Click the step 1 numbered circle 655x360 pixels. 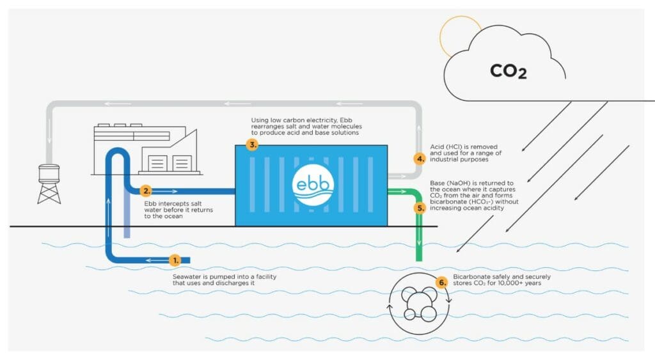(x=175, y=260)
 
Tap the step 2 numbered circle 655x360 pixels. (x=146, y=191)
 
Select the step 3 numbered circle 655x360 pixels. (x=253, y=145)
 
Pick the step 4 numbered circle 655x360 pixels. (x=420, y=159)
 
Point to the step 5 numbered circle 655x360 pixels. (x=420, y=208)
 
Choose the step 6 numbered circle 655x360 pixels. (x=441, y=282)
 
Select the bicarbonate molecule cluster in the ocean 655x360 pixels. (x=419, y=301)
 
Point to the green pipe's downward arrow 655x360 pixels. (x=419, y=243)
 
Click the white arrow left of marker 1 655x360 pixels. (x=154, y=260)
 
